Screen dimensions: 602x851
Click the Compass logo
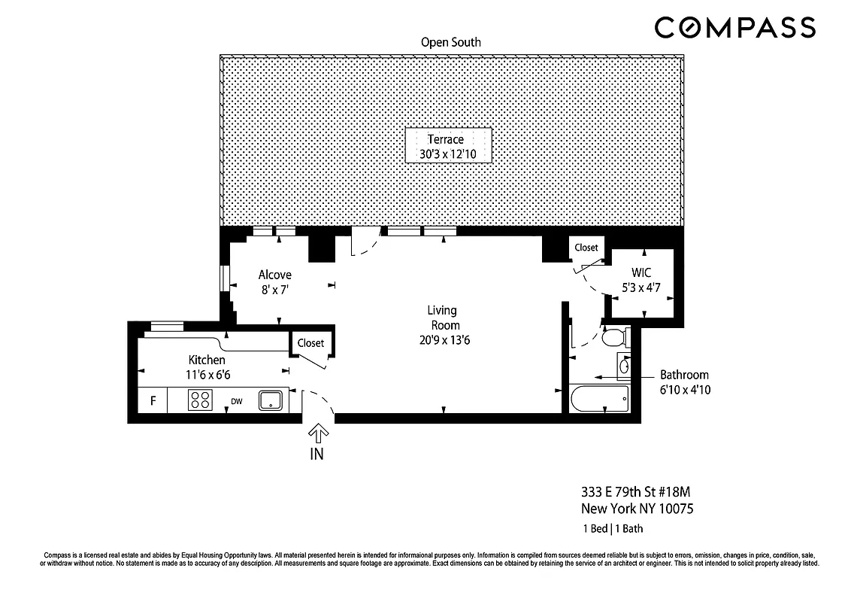point(734,28)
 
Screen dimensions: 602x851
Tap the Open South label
point(451,42)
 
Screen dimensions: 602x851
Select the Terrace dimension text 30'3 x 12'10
point(448,154)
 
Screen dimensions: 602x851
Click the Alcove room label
point(274,275)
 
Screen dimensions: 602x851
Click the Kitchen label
point(207,360)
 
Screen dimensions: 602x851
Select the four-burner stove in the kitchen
point(200,400)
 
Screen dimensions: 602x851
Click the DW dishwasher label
point(236,401)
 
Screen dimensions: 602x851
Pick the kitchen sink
point(271,400)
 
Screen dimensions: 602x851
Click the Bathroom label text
point(684,374)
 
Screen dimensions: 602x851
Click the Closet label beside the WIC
point(586,248)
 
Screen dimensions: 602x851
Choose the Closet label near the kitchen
point(310,343)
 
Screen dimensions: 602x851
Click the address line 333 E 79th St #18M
point(635,492)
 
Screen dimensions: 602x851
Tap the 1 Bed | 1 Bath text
point(612,528)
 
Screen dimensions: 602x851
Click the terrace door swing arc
point(365,247)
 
